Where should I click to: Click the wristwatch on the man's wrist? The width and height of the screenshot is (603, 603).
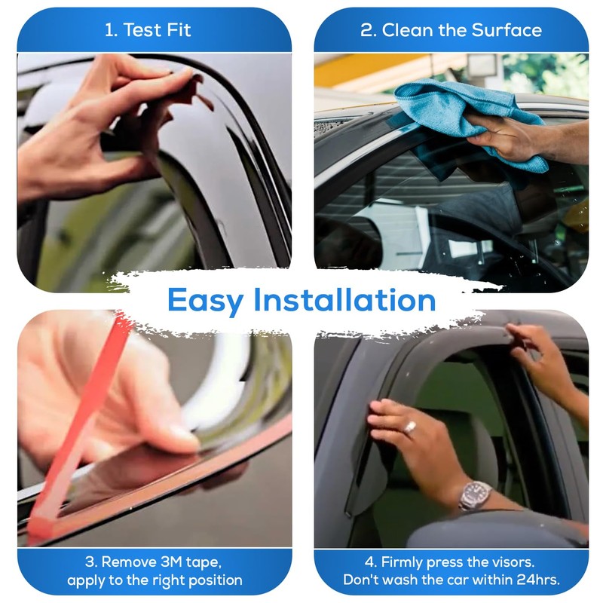point(474,495)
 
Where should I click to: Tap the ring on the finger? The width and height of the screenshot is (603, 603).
point(411,427)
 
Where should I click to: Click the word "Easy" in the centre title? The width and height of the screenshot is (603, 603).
point(205,300)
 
